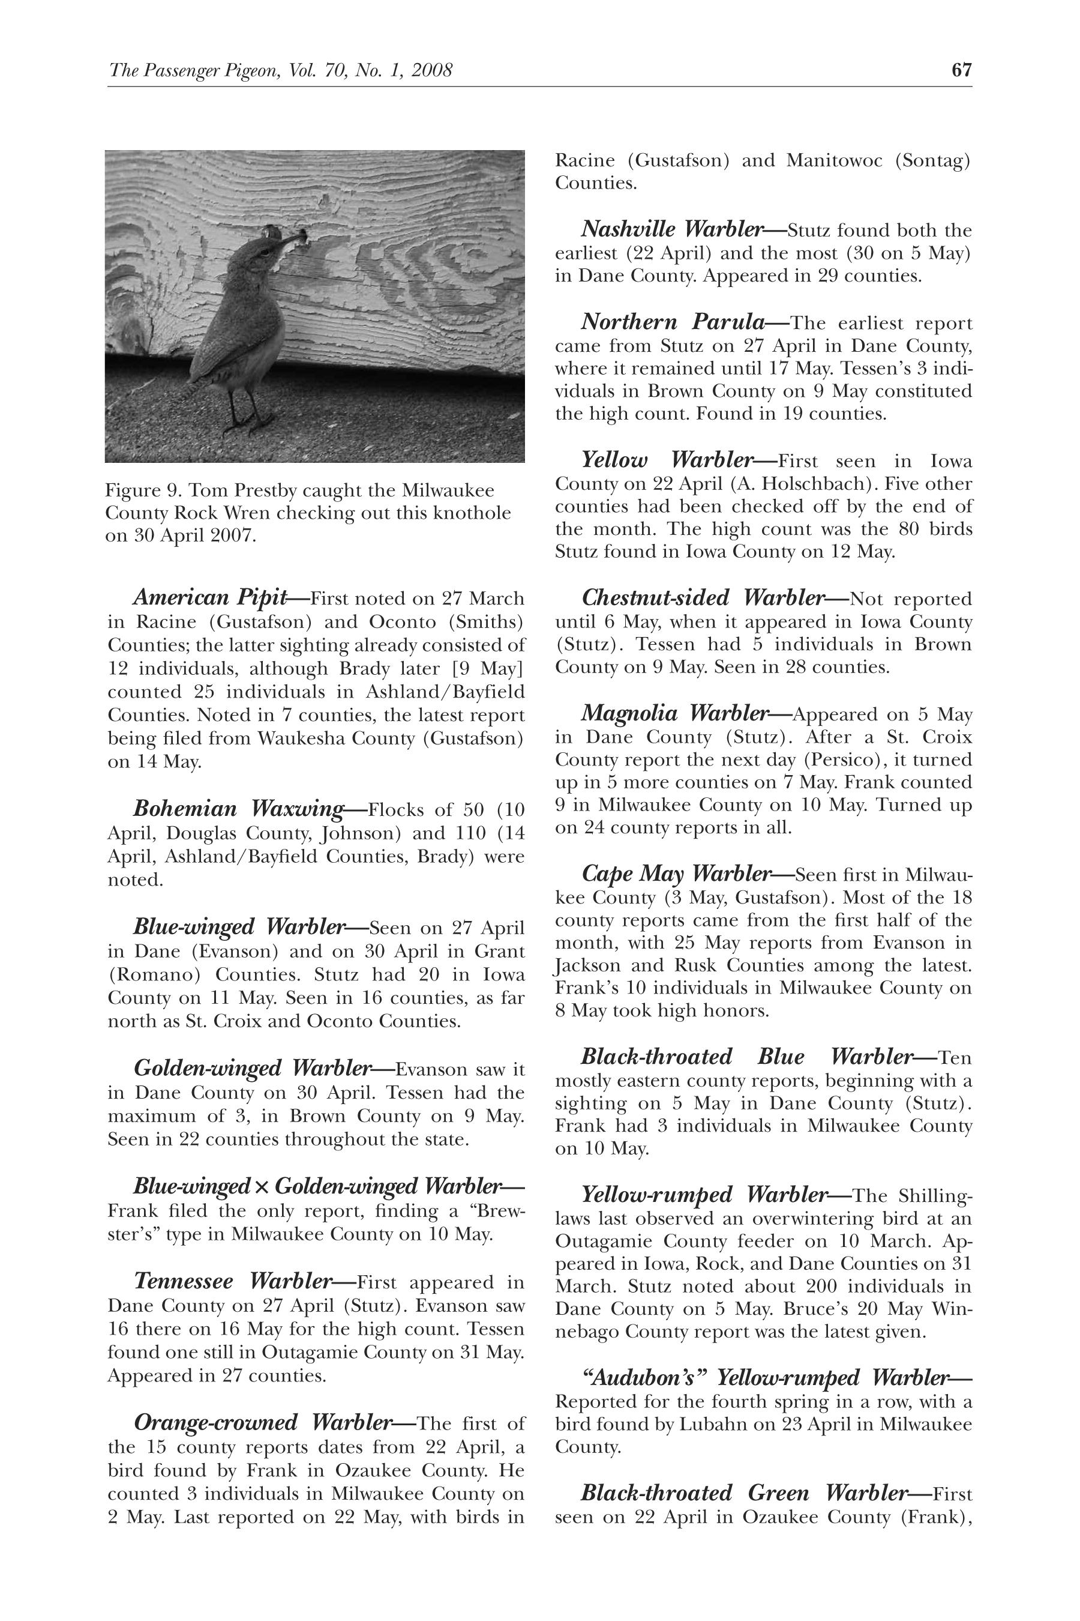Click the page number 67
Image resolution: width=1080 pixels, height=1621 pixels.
click(962, 70)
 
